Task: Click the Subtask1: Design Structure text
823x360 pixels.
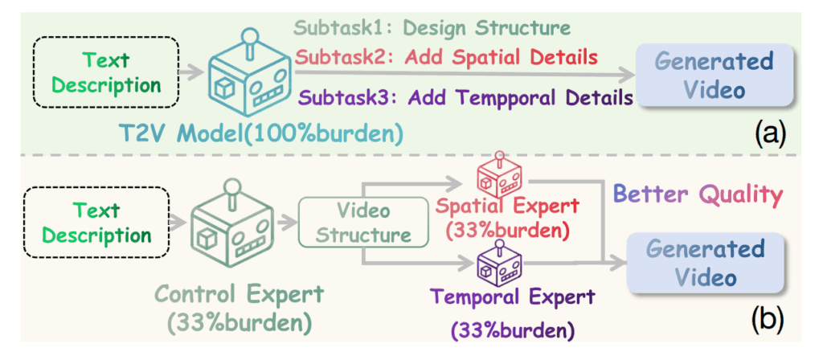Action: tap(432, 28)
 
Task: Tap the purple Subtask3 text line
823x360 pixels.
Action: tap(463, 100)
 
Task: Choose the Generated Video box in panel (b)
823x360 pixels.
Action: tap(706, 263)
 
